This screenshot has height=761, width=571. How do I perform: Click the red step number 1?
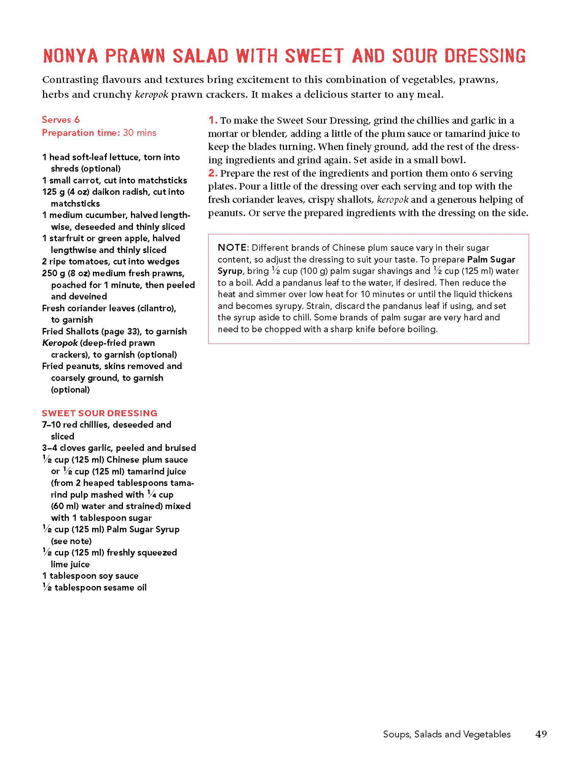pyautogui.click(x=212, y=120)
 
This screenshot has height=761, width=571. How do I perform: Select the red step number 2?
pyautogui.click(x=212, y=173)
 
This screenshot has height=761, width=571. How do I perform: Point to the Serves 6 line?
pyautogui.click(x=61, y=120)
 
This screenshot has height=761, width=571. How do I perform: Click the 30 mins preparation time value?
pyautogui.click(x=139, y=133)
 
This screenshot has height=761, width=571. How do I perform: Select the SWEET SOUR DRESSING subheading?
pyautogui.click(x=99, y=413)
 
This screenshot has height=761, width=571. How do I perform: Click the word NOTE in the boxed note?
pyautogui.click(x=232, y=248)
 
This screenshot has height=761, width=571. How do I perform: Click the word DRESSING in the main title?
pyautogui.click(x=485, y=56)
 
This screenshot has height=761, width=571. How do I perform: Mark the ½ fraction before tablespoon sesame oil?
pyautogui.click(x=47, y=587)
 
